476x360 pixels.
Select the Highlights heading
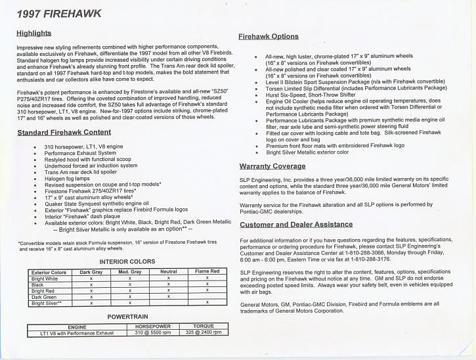[x=34, y=32]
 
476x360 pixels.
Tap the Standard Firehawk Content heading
[x=64, y=133]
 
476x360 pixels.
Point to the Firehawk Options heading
[x=269, y=37]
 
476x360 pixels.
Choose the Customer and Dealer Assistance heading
[x=296, y=224]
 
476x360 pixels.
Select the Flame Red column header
[x=207, y=272]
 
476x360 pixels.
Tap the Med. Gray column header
[x=130, y=272]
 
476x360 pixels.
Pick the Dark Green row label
[x=45, y=297]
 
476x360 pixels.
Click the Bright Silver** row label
[x=47, y=303]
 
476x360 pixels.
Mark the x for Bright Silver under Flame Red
[x=207, y=303]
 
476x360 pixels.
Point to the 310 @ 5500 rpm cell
[x=153, y=332]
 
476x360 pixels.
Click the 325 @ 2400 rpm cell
[x=204, y=332]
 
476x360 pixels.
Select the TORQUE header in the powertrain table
[x=204, y=326]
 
